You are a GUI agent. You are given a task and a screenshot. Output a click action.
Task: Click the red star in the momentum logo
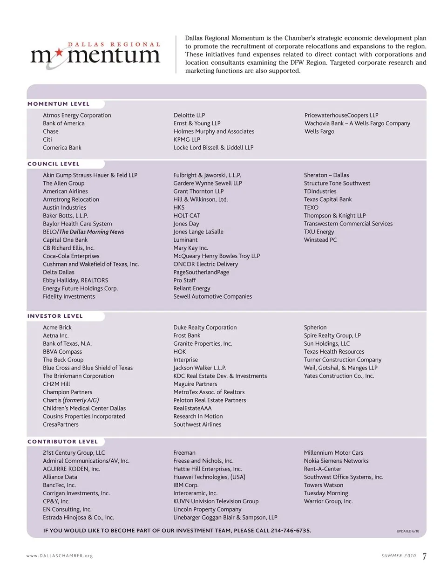point(58,54)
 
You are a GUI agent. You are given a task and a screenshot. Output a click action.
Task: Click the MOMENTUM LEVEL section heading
point(58,104)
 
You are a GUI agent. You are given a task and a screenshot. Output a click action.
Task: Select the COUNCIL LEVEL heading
point(54,164)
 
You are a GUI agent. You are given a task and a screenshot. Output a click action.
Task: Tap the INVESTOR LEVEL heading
point(55,316)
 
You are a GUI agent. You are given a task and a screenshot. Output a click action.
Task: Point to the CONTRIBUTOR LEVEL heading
point(62,442)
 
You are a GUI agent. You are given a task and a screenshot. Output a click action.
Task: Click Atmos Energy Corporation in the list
point(77,115)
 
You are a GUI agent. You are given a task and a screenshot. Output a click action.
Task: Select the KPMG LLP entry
point(187,139)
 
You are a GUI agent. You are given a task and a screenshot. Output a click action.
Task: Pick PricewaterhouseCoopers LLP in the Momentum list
point(341,115)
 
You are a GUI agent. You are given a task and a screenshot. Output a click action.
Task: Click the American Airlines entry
point(65,191)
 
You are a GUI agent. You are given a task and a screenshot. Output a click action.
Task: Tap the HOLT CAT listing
point(186,216)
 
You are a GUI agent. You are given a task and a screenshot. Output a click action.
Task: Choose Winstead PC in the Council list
point(320,240)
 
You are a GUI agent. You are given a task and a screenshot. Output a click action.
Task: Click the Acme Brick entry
point(57,328)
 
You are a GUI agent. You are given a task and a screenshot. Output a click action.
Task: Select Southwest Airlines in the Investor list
point(197,424)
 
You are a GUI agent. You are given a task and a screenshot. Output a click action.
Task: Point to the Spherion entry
point(315,328)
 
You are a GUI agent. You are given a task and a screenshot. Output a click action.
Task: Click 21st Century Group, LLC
point(74,453)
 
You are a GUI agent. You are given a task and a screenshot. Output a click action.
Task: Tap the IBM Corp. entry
point(186,485)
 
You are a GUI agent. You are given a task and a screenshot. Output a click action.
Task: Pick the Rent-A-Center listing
point(322,469)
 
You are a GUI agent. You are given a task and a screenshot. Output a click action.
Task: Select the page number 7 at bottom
point(424,556)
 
